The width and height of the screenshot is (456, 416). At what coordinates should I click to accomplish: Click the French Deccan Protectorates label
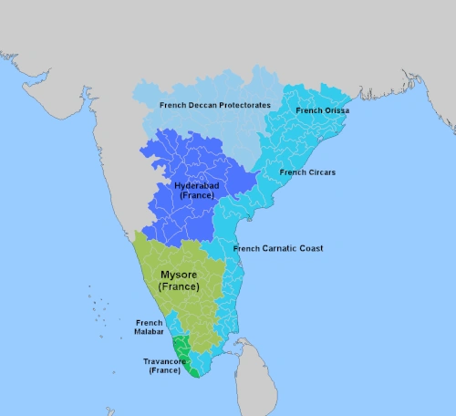click(x=214, y=106)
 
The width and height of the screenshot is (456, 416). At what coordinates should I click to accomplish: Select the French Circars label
click(x=305, y=172)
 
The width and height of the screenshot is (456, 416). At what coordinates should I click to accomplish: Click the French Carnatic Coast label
click(x=278, y=248)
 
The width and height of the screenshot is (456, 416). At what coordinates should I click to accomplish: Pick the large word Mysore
click(x=179, y=274)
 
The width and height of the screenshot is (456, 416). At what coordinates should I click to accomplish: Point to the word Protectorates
click(x=240, y=106)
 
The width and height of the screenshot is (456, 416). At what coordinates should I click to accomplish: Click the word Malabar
click(x=149, y=332)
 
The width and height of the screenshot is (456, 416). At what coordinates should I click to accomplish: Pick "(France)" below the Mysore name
click(x=179, y=287)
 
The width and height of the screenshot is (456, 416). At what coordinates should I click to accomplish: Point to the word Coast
click(x=311, y=248)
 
